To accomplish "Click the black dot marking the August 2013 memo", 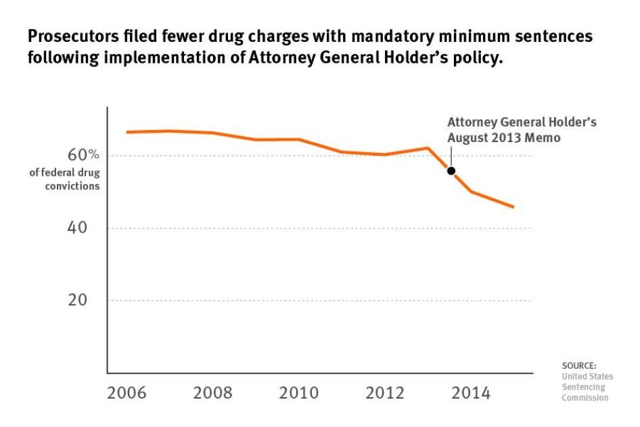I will point(451,171).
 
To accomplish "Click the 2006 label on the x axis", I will point(127,394).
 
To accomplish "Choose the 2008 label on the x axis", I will point(213,394).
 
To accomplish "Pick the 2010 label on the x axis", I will point(299,394).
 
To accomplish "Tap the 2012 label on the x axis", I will point(386,394).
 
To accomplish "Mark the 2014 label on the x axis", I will point(472,394).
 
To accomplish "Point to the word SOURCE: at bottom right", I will point(579,366).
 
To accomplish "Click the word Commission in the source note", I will point(585,397).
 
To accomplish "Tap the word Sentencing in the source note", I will point(584,387).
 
